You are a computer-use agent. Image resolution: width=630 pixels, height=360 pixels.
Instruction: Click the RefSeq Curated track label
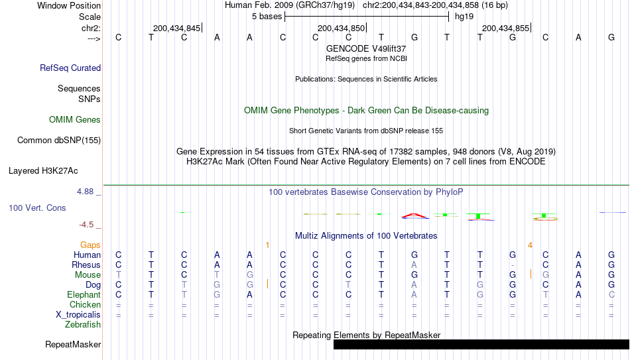[x=70, y=68]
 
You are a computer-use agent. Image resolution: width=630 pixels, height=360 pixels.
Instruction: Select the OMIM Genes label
[x=75, y=120]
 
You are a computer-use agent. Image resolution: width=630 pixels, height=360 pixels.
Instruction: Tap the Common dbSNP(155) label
[x=58, y=141]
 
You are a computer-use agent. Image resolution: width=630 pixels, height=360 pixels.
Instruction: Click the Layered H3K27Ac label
[x=43, y=171]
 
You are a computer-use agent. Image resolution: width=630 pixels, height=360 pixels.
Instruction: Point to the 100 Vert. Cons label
[x=37, y=208]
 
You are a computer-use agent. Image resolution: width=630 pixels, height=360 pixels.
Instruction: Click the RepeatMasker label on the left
[x=73, y=344]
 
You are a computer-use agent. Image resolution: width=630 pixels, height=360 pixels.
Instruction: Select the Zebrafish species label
[x=83, y=324]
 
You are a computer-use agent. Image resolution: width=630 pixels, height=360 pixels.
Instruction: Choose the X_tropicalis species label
[x=78, y=315]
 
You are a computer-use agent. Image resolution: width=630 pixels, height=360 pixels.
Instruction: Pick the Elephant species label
[x=84, y=294]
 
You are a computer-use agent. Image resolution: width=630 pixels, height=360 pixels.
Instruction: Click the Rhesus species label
[x=86, y=265]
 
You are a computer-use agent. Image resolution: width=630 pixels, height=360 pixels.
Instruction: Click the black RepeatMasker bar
[x=481, y=344]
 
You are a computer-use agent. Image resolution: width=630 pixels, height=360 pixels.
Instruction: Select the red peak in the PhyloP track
[x=414, y=215]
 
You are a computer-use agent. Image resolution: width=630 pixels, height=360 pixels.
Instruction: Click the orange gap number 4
[x=530, y=245]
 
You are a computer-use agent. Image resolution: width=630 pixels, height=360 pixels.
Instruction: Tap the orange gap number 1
[x=267, y=245]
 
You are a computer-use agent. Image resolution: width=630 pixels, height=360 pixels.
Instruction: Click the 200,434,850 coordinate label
[x=341, y=28]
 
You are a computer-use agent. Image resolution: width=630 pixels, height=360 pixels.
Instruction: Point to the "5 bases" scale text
[x=267, y=17]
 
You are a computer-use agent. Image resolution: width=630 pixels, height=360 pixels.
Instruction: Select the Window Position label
[x=69, y=5]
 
